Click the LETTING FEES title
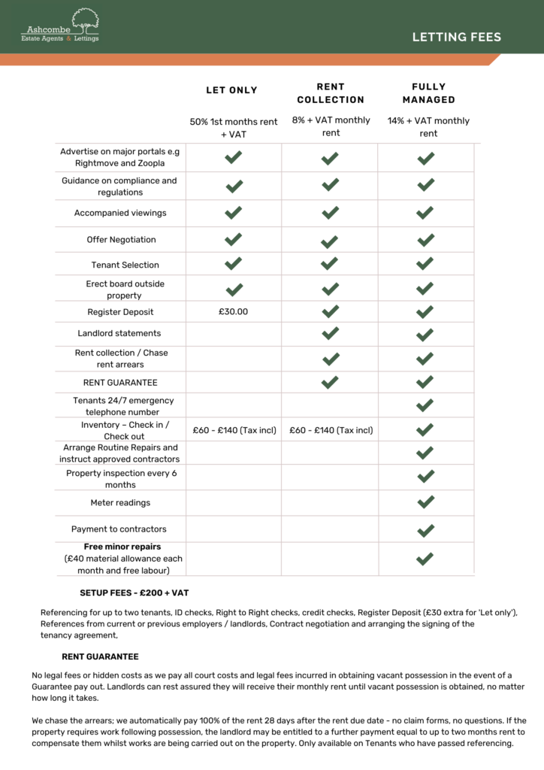[x=456, y=37]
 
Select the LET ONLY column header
[x=231, y=90]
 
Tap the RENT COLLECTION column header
[x=331, y=93]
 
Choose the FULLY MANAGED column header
[x=428, y=93]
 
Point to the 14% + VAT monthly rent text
[x=428, y=127]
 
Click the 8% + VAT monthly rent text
[x=331, y=126]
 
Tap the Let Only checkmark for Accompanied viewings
[x=234, y=213]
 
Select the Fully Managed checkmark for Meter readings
[x=425, y=502]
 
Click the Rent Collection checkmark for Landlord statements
[x=330, y=333]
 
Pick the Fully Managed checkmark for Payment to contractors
[x=425, y=529]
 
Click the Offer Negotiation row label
[x=121, y=240]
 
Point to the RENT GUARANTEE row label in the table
[x=120, y=383]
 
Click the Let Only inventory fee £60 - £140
[x=234, y=430]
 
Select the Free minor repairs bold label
[x=122, y=547]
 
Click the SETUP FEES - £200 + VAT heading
[x=134, y=593]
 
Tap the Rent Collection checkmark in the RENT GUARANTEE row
[x=330, y=382]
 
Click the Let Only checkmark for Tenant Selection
[x=234, y=263]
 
